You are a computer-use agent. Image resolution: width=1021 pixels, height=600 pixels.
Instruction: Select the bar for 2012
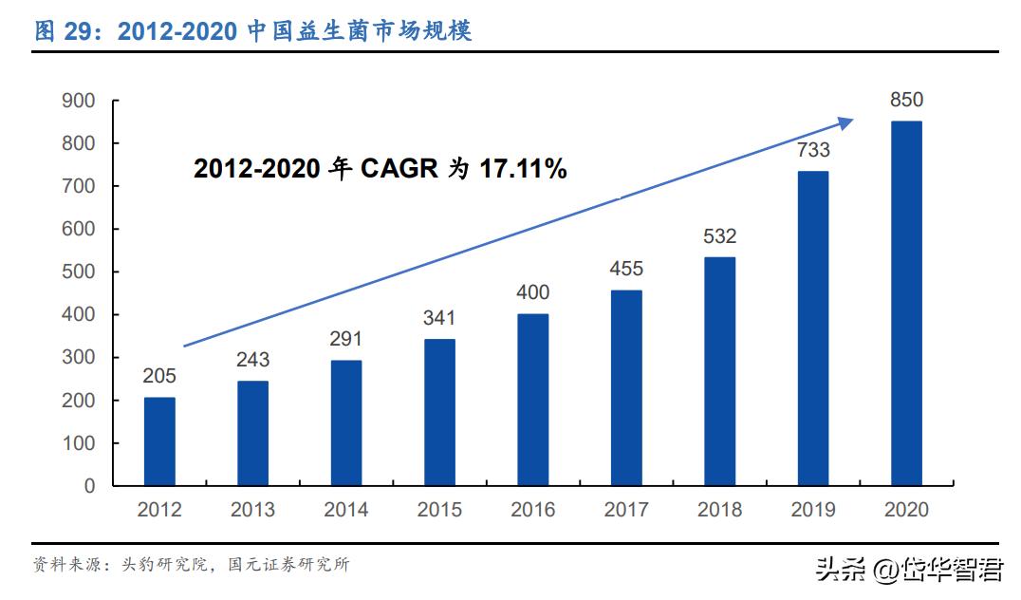(159, 441)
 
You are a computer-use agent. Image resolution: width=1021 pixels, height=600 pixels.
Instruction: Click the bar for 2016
(532, 400)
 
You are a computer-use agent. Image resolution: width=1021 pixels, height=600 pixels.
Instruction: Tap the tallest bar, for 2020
(905, 303)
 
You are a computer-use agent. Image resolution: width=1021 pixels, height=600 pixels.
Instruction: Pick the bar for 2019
(812, 328)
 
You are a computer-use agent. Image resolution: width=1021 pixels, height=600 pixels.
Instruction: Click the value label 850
(905, 101)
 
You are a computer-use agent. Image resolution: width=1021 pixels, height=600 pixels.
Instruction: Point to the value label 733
(812, 150)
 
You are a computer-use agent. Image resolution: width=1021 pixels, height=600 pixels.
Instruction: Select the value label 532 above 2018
(719, 236)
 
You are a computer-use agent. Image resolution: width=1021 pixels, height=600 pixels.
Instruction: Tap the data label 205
(159, 376)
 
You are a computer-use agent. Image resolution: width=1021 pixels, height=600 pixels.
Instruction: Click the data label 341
(439, 318)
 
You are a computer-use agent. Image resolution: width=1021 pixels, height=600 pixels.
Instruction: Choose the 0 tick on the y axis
(89, 486)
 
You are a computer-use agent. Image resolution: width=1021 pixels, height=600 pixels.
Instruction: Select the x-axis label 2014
(346, 510)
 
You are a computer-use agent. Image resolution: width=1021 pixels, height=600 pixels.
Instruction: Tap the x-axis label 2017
(626, 510)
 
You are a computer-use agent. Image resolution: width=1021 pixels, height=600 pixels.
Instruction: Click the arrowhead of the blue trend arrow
(845, 121)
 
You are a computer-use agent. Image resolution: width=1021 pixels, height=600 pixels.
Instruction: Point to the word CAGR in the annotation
(399, 170)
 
